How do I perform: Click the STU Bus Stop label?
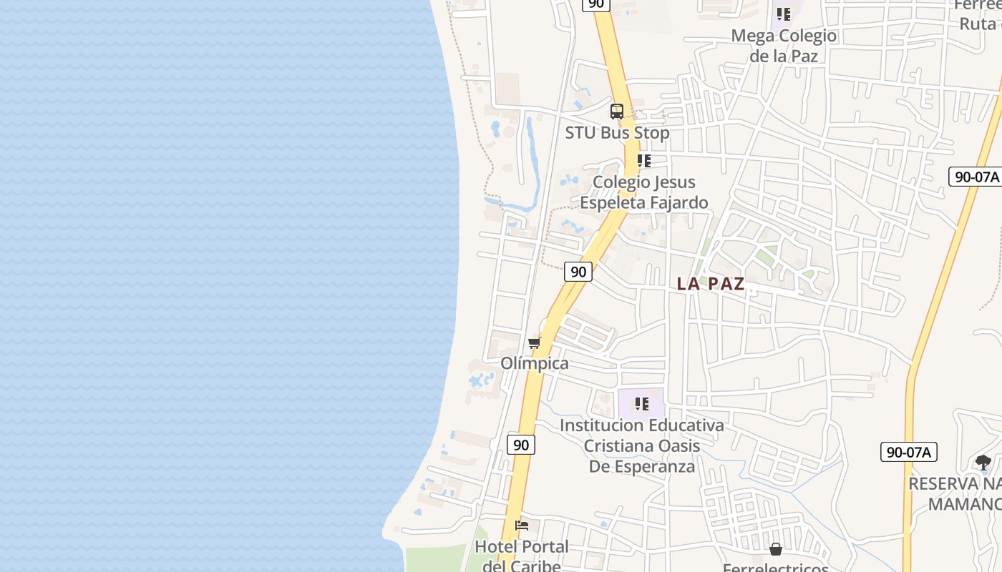(617, 133)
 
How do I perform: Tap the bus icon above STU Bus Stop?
(617, 112)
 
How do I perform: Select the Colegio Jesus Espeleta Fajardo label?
(643, 192)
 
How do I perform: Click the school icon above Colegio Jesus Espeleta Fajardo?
(643, 161)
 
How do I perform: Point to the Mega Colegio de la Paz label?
(784, 45)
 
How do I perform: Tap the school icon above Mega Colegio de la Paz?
(784, 14)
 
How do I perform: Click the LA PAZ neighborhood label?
(711, 284)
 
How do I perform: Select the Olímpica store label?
(535, 363)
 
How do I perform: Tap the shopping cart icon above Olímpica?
(535, 343)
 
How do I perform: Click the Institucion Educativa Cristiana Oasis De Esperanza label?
(642, 445)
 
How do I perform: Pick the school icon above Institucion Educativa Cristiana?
(642, 404)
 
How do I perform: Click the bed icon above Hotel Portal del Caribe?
(522, 526)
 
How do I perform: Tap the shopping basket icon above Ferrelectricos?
(776, 549)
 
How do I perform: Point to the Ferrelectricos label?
(776, 568)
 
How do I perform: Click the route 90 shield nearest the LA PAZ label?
(578, 272)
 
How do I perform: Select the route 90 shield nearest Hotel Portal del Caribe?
(521, 445)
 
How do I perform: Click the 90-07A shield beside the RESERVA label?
(908, 452)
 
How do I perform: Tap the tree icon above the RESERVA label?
(983, 462)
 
